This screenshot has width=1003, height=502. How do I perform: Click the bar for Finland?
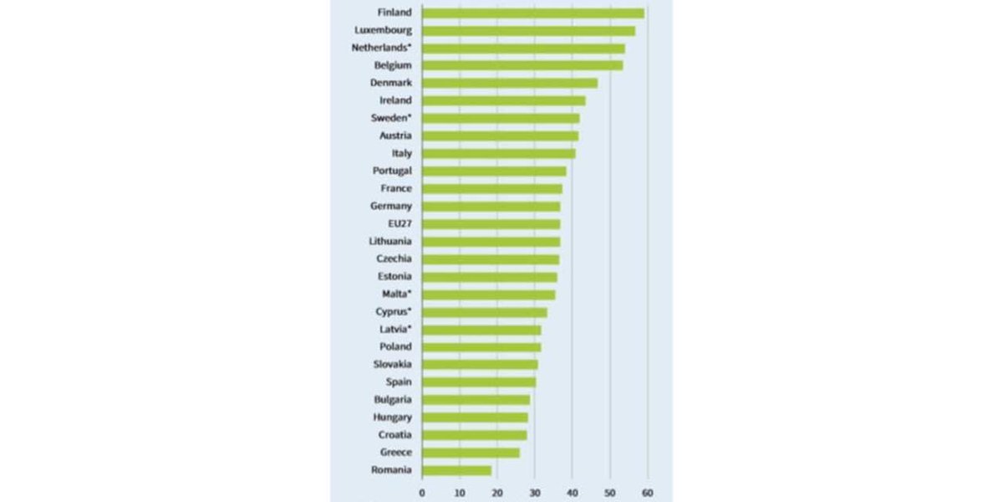(532, 13)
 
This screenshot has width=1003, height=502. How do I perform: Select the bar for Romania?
(456, 470)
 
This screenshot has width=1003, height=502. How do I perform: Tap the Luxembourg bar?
(528, 30)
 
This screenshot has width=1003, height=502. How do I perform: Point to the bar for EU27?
(491, 224)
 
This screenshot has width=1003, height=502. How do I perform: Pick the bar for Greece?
(471, 453)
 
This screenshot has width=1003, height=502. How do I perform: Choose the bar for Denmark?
(510, 83)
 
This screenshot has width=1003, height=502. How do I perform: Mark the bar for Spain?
(479, 382)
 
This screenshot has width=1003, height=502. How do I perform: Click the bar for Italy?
(498, 153)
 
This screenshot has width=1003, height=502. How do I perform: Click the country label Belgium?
(393, 65)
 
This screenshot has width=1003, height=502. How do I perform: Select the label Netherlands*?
(382, 48)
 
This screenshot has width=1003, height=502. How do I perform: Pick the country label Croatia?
(394, 435)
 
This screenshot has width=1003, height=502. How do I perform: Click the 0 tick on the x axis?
(422, 492)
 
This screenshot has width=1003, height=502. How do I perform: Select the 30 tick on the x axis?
(534, 492)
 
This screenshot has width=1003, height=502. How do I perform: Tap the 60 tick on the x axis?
(647, 492)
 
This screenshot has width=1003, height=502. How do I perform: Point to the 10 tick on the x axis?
(460, 492)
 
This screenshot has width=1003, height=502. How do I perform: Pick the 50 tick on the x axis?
(609, 492)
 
